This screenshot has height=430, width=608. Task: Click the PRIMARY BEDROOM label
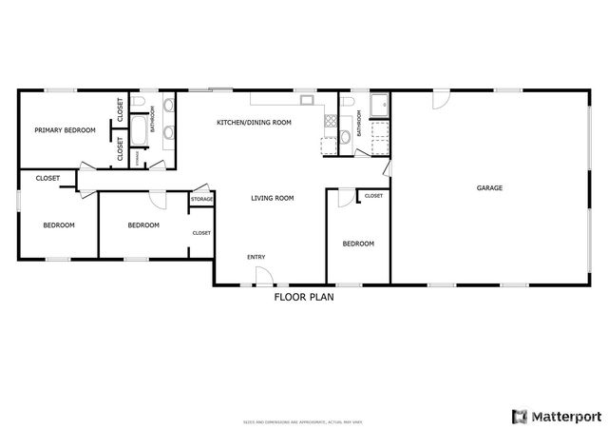(x=66, y=130)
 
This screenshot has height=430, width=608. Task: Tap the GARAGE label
(x=489, y=187)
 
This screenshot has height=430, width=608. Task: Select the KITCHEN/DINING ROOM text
(x=254, y=123)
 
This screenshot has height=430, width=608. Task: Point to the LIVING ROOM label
(x=273, y=198)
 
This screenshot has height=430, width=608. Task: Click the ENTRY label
(x=256, y=257)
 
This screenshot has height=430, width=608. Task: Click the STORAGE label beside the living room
(x=201, y=199)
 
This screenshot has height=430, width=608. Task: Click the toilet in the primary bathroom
(x=139, y=102)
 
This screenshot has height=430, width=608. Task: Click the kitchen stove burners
(x=331, y=121)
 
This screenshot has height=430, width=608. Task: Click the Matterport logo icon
(x=520, y=416)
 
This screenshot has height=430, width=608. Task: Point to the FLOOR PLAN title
(x=304, y=297)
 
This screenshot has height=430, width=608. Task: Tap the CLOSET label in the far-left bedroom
(x=47, y=178)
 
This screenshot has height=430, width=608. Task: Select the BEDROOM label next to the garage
(x=358, y=244)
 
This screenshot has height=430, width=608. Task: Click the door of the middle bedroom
(x=157, y=200)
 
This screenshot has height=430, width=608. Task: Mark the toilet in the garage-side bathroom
(x=347, y=102)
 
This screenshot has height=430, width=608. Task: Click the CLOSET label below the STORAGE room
(x=201, y=232)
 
